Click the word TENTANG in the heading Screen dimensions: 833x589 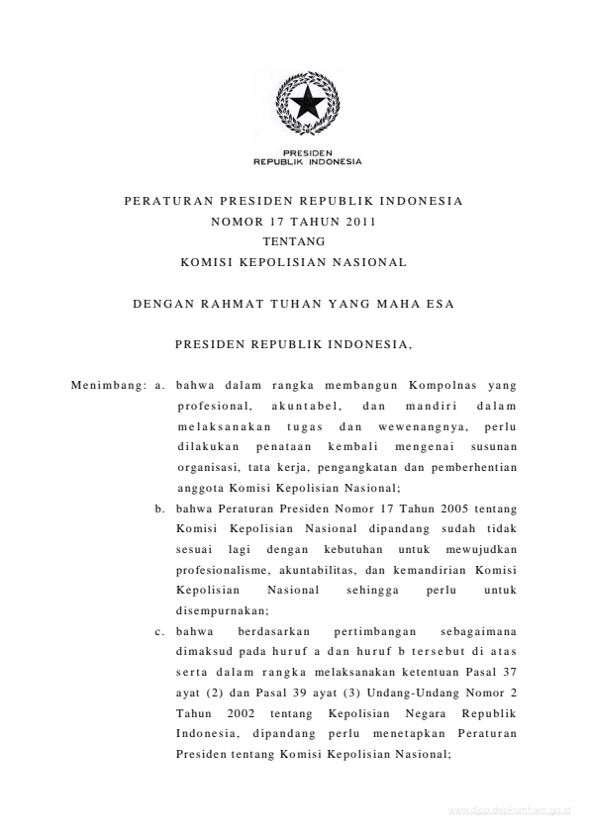pyautogui.click(x=293, y=240)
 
